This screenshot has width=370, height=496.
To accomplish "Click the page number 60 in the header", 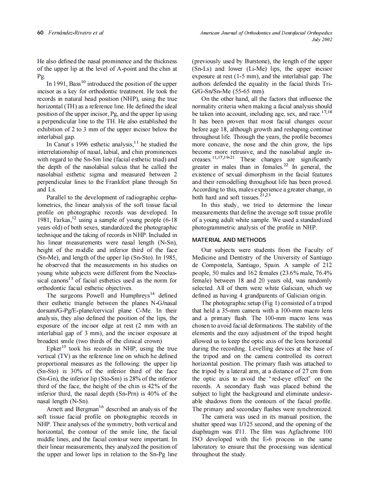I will click(39, 33).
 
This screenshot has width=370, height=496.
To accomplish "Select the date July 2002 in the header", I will click(322, 39).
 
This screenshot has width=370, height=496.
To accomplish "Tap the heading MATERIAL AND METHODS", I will click(229, 240).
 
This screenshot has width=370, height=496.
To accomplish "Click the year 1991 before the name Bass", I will click(62, 83).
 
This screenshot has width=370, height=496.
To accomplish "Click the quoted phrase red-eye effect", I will click(288, 378).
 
